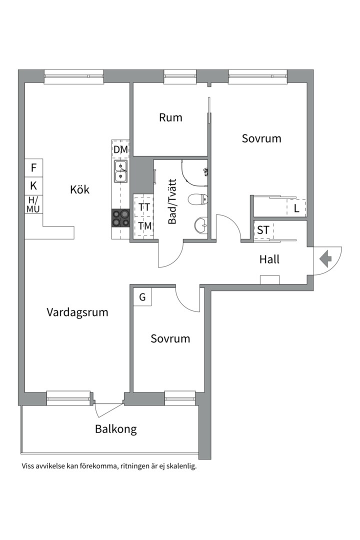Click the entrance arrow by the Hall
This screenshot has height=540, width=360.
coord(326,259)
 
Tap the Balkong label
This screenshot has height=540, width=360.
coord(115,429)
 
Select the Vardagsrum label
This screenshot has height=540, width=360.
coord(77,312)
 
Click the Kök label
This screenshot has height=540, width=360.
coord(80,190)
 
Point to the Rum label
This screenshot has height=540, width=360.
coord(170,118)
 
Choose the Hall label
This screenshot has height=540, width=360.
coord(269,259)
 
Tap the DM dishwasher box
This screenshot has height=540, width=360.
coord(120,149)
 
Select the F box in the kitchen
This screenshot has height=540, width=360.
coord(34,167)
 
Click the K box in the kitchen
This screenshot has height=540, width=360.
coord(34,186)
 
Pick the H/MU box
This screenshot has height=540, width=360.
coord(34,204)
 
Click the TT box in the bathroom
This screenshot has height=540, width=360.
coord(144,207)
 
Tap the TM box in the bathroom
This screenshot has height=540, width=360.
coord(144,226)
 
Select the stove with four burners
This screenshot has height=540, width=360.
coord(120,218)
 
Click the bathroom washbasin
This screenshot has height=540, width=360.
coord(201,224)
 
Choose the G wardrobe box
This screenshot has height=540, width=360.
coord(142,297)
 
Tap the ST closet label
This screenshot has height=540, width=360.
coord(263,230)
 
